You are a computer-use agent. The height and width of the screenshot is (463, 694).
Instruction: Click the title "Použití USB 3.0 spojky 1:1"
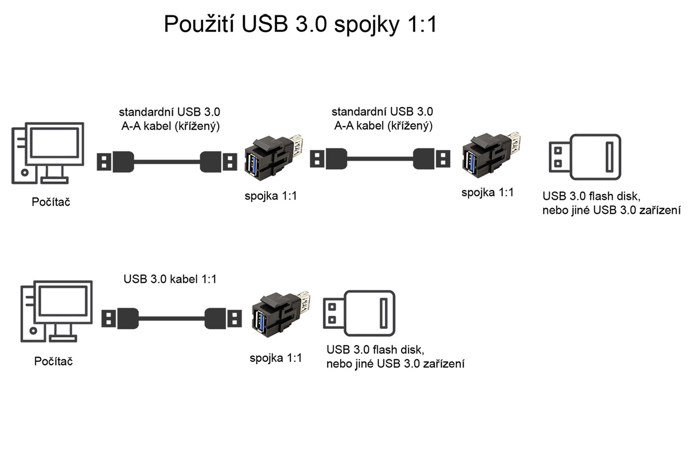click(300, 24)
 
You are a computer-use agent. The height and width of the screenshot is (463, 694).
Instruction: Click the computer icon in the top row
click(48, 153)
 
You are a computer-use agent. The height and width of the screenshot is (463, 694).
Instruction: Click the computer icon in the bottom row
click(57, 311)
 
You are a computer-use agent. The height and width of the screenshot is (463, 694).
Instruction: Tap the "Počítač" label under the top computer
click(51, 202)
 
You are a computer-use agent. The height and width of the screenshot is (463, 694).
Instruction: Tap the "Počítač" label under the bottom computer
click(54, 361)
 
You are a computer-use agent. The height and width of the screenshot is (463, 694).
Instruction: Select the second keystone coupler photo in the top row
click(491, 156)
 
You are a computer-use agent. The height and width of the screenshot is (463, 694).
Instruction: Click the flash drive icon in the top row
click(585, 156)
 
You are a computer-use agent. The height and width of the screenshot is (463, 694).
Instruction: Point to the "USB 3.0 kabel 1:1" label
click(170, 279)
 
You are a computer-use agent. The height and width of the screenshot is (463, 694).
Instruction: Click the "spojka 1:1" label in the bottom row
click(276, 358)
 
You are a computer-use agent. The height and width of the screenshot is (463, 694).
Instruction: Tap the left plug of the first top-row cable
click(115, 162)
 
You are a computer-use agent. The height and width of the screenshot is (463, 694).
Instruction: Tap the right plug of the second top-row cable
click(432, 159)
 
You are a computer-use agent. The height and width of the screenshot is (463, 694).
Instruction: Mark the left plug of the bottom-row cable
click(120, 318)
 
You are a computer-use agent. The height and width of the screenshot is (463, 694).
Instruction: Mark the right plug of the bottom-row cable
click(223, 318)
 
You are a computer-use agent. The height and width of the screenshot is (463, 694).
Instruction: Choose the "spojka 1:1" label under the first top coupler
click(271, 196)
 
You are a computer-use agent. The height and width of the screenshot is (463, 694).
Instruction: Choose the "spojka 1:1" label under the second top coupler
click(487, 193)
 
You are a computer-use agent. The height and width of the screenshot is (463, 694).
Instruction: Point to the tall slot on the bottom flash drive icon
click(384, 313)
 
